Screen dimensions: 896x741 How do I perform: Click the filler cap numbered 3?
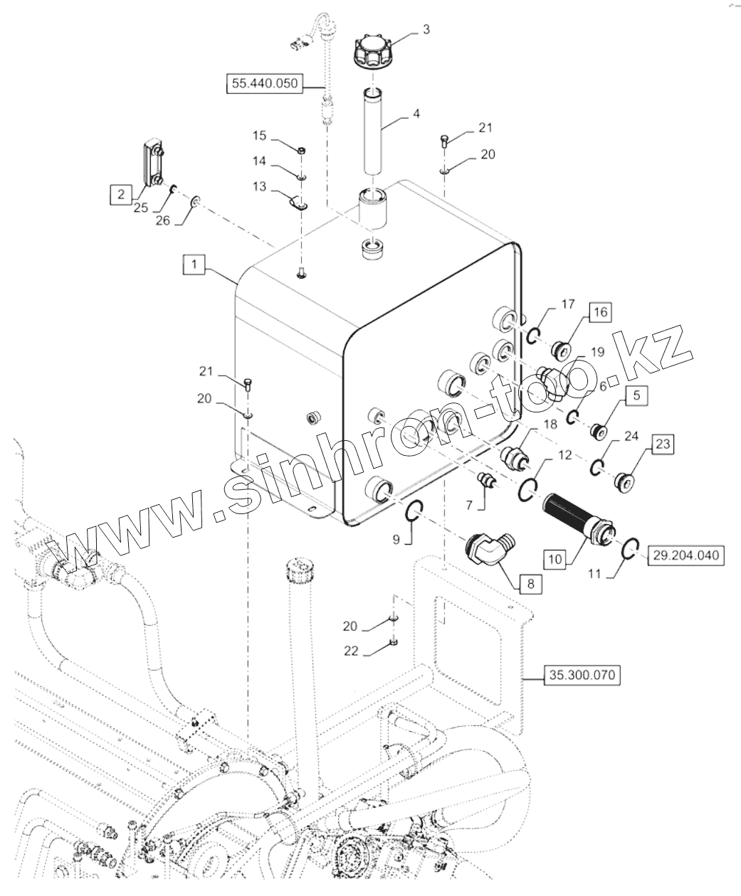pyautogui.click(x=372, y=50)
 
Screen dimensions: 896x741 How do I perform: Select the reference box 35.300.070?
pyautogui.click(x=582, y=675)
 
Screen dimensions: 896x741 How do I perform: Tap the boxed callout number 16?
pyautogui.click(x=599, y=312)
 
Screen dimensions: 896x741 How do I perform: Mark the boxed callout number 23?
pyautogui.click(x=662, y=444)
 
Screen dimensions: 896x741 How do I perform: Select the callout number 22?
pyautogui.click(x=350, y=651)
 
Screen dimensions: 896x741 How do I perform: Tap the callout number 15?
pyautogui.click(x=260, y=135)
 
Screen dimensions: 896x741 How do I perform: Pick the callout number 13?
pyautogui.click(x=259, y=186)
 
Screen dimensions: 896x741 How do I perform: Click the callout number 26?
pyautogui.click(x=163, y=220)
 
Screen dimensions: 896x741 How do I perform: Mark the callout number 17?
pyautogui.click(x=567, y=304)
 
